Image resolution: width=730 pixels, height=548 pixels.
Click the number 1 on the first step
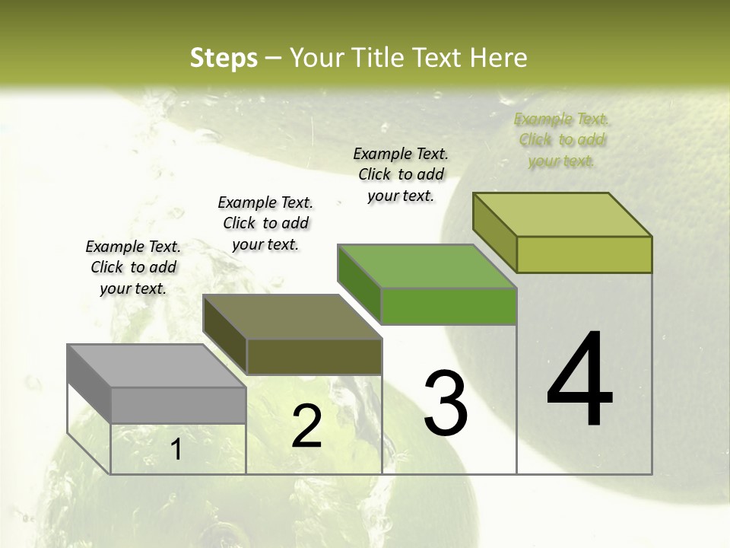pos(176,450)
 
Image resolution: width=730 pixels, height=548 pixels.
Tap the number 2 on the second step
pos(306,426)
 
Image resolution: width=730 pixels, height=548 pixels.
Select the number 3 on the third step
pos(446,403)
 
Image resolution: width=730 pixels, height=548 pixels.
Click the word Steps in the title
pos(224,58)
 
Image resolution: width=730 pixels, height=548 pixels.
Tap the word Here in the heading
pos(499,58)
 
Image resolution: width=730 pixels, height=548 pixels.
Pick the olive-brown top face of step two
pos(292,316)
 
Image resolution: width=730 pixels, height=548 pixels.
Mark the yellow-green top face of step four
pos(563,215)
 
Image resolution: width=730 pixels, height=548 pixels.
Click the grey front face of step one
pos(179,405)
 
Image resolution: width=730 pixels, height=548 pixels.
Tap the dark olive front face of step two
pos(314,356)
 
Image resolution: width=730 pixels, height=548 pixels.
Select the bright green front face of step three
pos(449,306)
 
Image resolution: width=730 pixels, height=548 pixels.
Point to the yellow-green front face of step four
pos(584,254)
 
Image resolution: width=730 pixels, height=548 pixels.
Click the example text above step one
pos(133,267)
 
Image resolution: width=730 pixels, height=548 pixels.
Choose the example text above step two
pos(265,223)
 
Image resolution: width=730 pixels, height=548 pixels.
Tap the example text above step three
pos(401,174)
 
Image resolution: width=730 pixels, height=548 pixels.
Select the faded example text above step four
pos(561,140)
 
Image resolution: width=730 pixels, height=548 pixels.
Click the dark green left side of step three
pos(359,284)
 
